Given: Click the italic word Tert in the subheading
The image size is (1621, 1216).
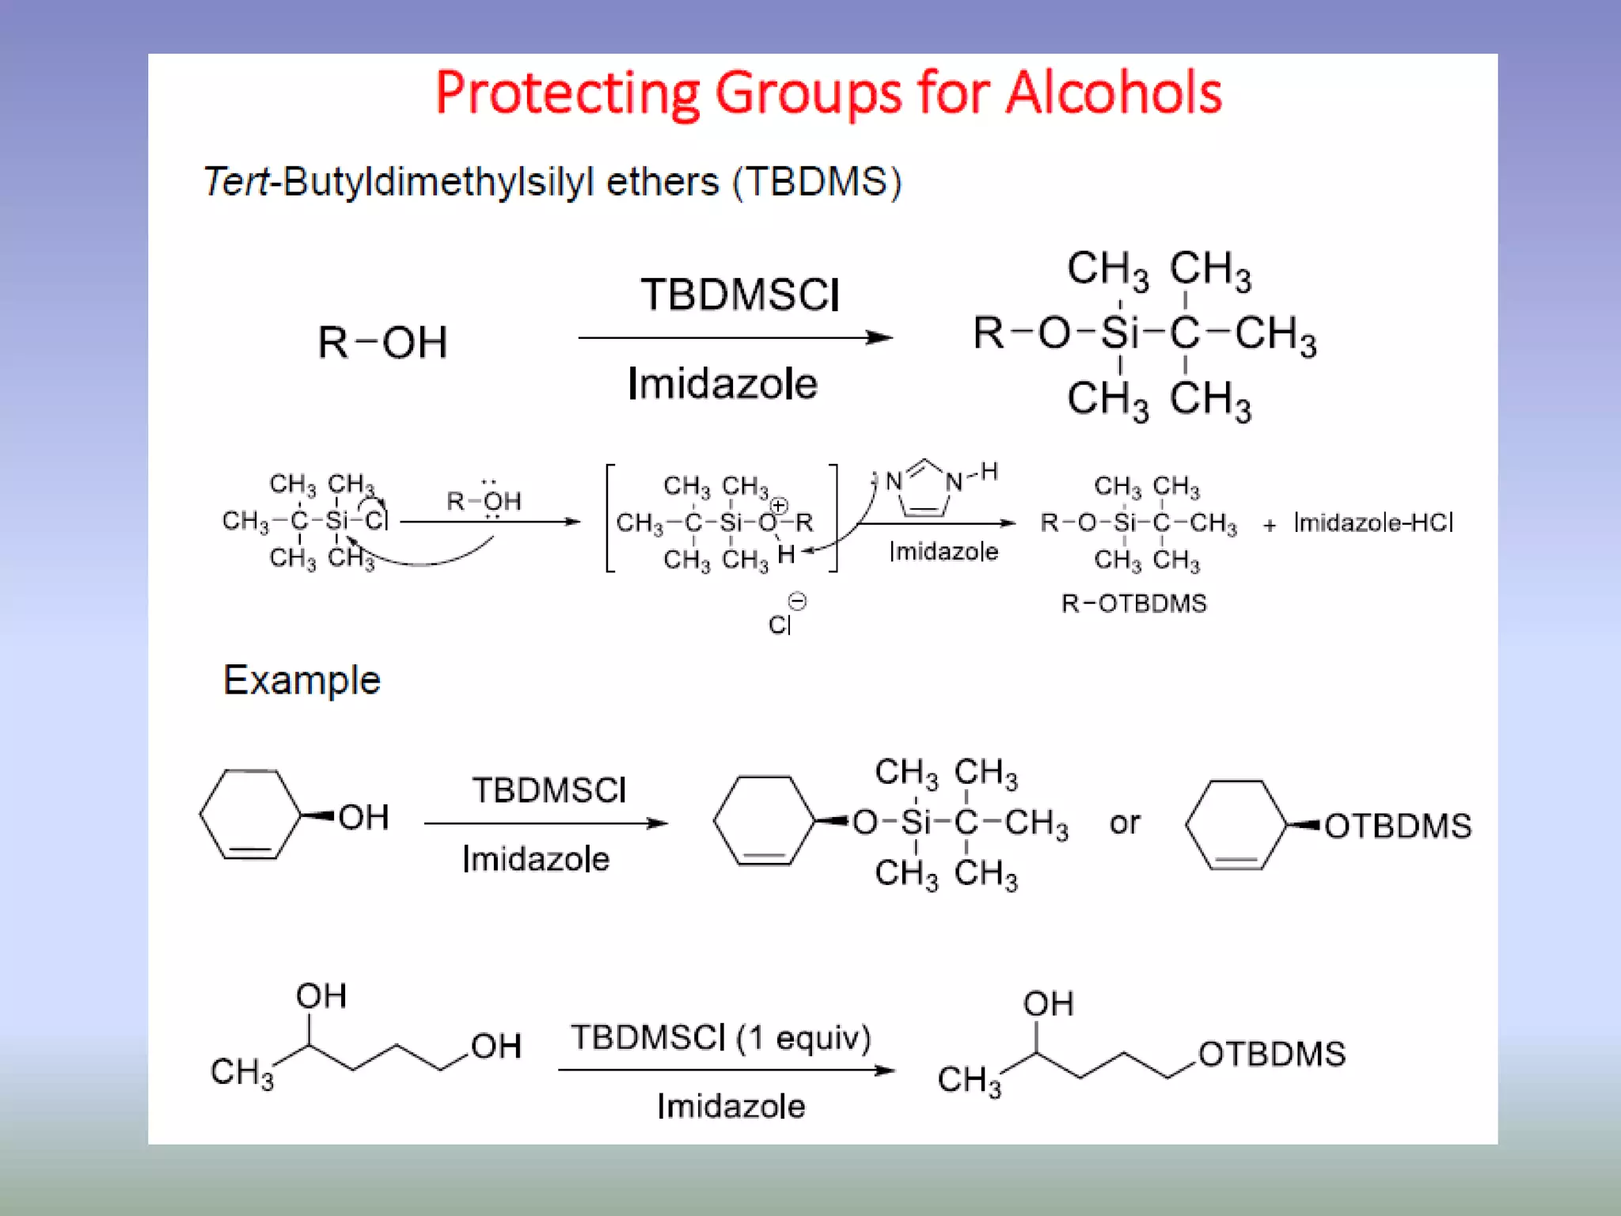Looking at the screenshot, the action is pos(236,182).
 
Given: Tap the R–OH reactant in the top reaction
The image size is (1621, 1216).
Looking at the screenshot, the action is pos(382,343).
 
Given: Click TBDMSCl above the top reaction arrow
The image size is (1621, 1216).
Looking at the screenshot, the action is pos(740,295).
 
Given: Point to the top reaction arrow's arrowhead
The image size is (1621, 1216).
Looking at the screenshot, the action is pos(880,338).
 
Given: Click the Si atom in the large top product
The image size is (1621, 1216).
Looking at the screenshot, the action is pos(1119,333).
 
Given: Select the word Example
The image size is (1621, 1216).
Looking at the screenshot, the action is pos(302,680).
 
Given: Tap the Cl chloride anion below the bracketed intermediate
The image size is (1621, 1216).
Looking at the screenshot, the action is pos(780,625).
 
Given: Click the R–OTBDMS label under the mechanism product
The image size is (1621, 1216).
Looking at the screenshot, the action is pos(1133,604).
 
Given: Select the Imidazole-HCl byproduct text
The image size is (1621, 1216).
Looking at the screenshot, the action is pos(1373,522).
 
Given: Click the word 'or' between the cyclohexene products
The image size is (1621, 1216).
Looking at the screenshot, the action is pos(1125,823).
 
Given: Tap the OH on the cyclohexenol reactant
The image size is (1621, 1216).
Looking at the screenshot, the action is pos(363,818).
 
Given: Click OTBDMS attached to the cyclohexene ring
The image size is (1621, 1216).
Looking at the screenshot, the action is pos(1398,826).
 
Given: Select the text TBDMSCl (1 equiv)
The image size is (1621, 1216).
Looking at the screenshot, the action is pos(721,1037).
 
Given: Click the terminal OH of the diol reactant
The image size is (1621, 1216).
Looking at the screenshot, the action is pos(496,1047).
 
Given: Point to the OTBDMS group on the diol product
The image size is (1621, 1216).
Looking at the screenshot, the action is pos(1271,1054).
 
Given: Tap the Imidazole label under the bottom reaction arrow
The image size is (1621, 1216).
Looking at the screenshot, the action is pos(731,1106).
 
